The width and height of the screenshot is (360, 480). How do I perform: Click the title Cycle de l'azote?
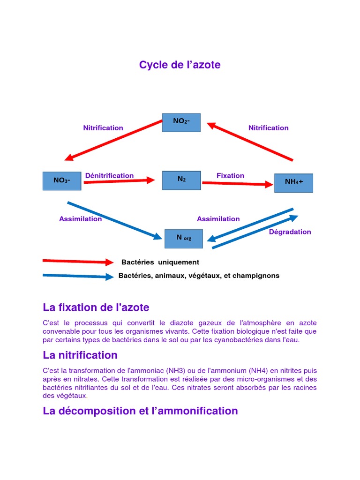point(180,65)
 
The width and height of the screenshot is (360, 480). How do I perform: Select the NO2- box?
point(181,122)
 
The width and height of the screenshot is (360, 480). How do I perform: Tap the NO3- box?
point(61,181)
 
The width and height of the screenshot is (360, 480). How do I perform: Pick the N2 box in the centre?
point(181,180)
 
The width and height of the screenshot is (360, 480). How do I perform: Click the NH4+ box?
point(293,183)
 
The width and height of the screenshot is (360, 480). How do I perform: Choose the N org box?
point(184,239)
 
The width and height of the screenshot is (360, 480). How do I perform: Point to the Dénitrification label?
point(109,175)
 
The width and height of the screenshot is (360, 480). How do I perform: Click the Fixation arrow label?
point(230,175)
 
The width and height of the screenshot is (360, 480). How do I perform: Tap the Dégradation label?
point(290,232)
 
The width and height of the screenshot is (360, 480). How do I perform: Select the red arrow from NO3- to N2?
point(119,180)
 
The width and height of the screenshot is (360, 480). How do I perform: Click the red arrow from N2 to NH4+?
point(237,184)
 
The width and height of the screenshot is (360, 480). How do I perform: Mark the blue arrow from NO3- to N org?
point(115,221)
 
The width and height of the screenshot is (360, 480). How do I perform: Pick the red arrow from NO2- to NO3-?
point(113,141)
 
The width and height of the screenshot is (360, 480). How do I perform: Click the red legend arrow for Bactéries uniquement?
point(78,261)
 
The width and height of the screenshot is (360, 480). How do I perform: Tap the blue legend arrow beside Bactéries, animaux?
point(78,276)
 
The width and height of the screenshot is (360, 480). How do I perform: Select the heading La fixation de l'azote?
point(96,307)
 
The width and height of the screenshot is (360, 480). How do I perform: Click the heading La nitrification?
point(80,355)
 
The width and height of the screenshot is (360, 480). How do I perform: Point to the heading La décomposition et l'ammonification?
point(140,411)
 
